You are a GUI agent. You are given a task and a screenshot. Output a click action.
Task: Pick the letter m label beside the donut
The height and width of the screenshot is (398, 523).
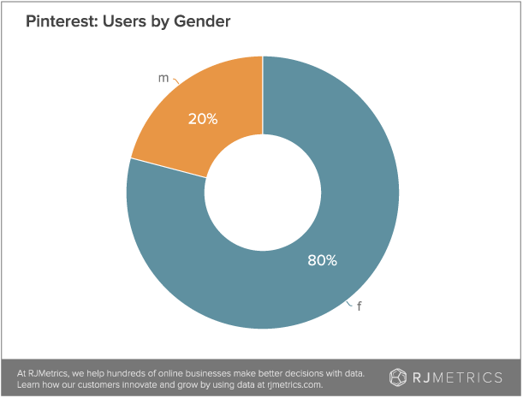click(163, 78)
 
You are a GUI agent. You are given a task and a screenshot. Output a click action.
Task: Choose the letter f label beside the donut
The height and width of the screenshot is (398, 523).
click(360, 306)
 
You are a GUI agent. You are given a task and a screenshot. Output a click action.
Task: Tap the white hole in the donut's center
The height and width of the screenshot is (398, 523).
click(263, 193)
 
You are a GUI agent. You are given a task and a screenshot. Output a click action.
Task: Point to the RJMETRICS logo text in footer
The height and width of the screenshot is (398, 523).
click(459, 377)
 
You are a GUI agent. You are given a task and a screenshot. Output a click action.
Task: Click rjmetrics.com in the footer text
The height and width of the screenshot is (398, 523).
click(293, 384)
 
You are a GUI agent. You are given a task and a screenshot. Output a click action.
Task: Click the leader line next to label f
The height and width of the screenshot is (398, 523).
click(349, 302)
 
